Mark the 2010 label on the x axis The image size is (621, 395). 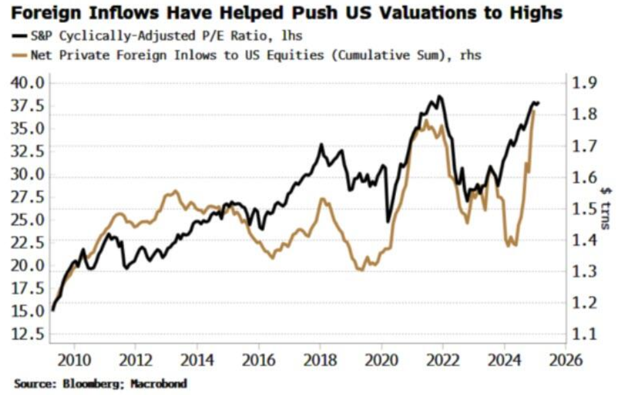click(x=75, y=360)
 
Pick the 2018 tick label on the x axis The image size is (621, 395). click(x=320, y=360)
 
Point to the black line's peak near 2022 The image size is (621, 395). click(x=440, y=96)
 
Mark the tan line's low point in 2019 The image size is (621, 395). click(x=360, y=270)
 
